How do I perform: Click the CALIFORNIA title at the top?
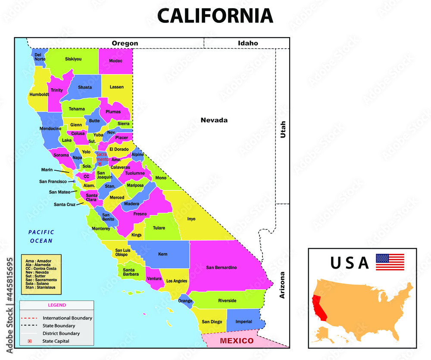pos(215,16)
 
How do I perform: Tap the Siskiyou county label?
pos(73,59)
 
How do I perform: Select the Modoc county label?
pos(116,61)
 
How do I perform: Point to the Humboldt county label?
pos(39,94)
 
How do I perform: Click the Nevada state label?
pos(214,120)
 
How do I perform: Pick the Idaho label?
pos(248,43)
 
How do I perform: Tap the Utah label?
pos(283,129)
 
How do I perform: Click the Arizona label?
pos(283,285)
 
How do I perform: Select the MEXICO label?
pos(237,341)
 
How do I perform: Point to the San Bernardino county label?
pos(221,267)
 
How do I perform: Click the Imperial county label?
pos(244,322)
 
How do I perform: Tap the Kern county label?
pos(162,254)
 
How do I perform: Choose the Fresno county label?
pos(140,214)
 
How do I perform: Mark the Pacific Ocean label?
pos(41,236)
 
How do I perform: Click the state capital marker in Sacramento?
pos(100,163)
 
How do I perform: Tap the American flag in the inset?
pos(390,262)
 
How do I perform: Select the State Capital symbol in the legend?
pos(30,341)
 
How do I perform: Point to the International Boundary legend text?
pos(67,318)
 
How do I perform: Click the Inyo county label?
pos(191,219)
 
